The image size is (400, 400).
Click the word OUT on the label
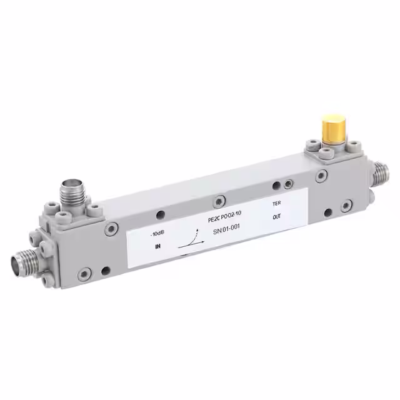pyautogui.click(x=277, y=218)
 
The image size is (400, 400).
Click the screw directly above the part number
pyautogui.click(x=218, y=201)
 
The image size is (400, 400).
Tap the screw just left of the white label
pyautogui.click(x=112, y=229)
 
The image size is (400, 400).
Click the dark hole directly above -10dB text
pyautogui.click(x=160, y=215)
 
